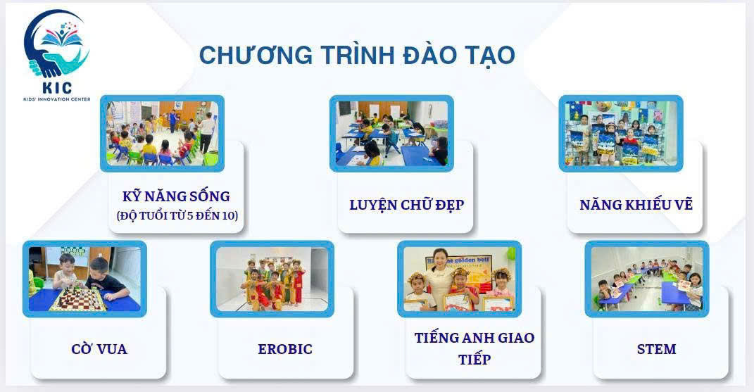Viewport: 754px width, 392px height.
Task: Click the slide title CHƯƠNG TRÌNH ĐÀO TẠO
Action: click(x=356, y=55)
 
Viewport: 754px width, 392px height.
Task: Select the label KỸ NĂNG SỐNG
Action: click(x=176, y=196)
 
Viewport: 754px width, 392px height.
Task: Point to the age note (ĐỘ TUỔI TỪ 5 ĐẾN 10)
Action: click(x=177, y=216)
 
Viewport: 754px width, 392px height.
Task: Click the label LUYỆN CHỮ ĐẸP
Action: click(x=406, y=205)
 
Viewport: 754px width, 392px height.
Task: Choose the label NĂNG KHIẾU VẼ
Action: click(x=636, y=205)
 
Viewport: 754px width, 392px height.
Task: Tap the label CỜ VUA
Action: click(x=99, y=349)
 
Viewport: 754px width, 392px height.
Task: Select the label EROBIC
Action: click(x=284, y=349)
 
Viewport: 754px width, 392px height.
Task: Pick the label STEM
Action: click(x=655, y=349)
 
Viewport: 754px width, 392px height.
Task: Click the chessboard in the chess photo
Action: click(x=77, y=298)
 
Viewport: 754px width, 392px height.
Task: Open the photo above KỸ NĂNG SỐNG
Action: click(x=162, y=133)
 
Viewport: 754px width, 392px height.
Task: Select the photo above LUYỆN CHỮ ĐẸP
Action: click(x=391, y=133)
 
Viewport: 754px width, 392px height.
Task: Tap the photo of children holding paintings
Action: click(x=621, y=133)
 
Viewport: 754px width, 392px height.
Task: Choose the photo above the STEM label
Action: click(x=646, y=279)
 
